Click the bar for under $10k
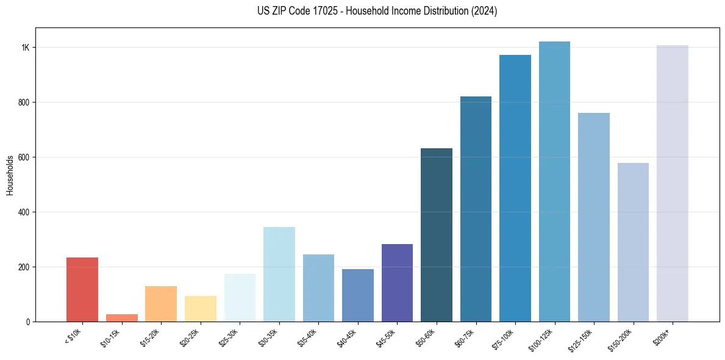(82, 290)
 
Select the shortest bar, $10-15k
(121, 318)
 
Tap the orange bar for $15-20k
(161, 304)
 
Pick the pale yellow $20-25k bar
(200, 309)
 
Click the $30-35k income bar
(279, 275)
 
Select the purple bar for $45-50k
(397, 283)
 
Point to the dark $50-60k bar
(437, 235)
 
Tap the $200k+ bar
(673, 183)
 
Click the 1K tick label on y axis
(26, 48)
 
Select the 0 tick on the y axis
(28, 322)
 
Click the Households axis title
(10, 175)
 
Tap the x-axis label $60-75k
(465, 337)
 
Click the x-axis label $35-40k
(307, 337)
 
